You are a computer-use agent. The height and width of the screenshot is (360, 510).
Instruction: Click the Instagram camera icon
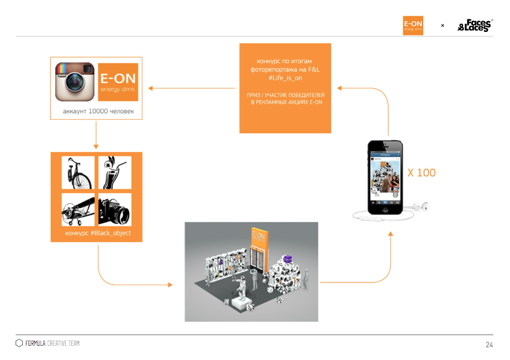pos(75,82)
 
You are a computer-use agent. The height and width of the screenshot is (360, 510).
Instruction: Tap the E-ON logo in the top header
pos(413,25)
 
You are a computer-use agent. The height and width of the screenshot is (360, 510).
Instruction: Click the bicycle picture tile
pos(78,172)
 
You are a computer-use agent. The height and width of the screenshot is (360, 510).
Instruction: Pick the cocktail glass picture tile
pos(115,172)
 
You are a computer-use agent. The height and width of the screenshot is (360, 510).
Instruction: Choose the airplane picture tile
pos(78,209)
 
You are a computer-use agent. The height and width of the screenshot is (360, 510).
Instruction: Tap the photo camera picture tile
pos(115,209)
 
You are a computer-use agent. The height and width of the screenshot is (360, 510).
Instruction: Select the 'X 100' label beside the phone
pos(421,173)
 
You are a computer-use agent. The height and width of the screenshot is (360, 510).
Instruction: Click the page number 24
pos(489,345)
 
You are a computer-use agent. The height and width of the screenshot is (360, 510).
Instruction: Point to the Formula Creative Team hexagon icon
pos(19,343)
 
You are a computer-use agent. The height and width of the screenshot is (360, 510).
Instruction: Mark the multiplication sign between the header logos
pos(443,25)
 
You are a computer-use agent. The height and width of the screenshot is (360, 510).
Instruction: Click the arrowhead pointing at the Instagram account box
pos(151,89)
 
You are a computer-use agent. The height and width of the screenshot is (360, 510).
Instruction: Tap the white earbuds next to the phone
pos(420,207)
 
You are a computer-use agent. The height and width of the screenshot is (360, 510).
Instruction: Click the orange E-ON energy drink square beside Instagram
pos(118,82)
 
